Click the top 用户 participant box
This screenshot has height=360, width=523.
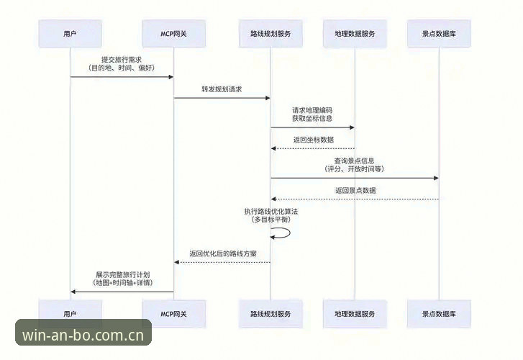click(70, 33)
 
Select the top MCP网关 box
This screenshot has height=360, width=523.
click(174, 33)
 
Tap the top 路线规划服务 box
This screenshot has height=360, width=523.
click(270, 33)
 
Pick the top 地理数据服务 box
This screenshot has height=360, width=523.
click(355, 33)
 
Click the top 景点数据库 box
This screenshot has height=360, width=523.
click(439, 33)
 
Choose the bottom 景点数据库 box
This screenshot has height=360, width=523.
click(439, 314)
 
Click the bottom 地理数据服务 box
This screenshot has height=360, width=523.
click(355, 314)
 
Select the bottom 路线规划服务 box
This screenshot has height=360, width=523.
click(270, 314)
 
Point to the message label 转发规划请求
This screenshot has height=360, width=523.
click(222, 89)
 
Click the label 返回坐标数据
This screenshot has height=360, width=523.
click(314, 140)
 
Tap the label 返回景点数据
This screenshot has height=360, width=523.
click(355, 190)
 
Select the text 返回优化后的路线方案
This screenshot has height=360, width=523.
click(223, 253)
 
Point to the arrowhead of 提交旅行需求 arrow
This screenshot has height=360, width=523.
click(170, 77)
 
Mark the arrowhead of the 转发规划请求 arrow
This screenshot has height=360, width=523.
click(268, 98)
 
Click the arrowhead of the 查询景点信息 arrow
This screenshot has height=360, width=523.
click(436, 178)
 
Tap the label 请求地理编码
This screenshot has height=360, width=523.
click(312, 110)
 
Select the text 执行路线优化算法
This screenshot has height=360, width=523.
click(271, 212)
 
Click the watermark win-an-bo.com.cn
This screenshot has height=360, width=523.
click(83, 335)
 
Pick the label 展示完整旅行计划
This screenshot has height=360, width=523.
click(123, 274)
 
